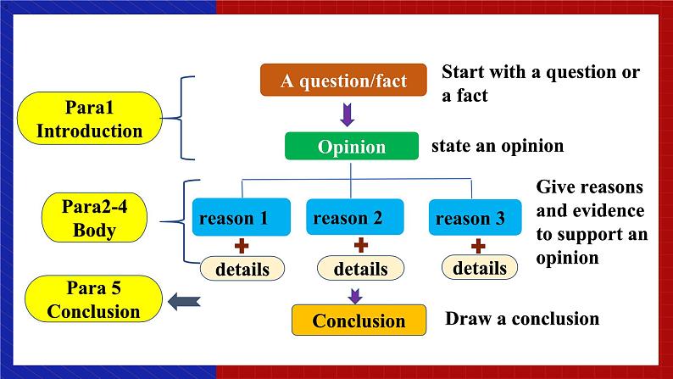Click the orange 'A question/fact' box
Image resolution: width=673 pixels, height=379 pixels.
(x=343, y=81)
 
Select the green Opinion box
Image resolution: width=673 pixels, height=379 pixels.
(x=352, y=147)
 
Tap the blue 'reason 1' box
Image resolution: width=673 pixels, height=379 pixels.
(x=242, y=219)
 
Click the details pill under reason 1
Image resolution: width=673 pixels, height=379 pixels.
(x=242, y=270)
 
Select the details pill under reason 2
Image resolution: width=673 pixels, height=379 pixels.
(x=360, y=270)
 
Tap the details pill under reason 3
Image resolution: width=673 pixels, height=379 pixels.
(x=479, y=268)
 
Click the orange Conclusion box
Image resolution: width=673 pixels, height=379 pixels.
(x=359, y=321)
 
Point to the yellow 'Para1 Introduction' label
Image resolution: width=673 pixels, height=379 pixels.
(x=89, y=120)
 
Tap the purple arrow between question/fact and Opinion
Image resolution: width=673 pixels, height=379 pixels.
(x=347, y=114)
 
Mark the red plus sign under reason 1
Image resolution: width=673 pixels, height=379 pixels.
(x=242, y=246)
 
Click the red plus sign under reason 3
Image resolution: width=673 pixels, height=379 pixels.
(x=478, y=246)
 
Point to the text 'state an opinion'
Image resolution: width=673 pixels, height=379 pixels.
(x=498, y=146)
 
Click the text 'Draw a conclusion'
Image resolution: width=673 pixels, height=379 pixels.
(x=522, y=319)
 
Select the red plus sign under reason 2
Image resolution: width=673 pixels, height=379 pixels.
(x=360, y=245)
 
